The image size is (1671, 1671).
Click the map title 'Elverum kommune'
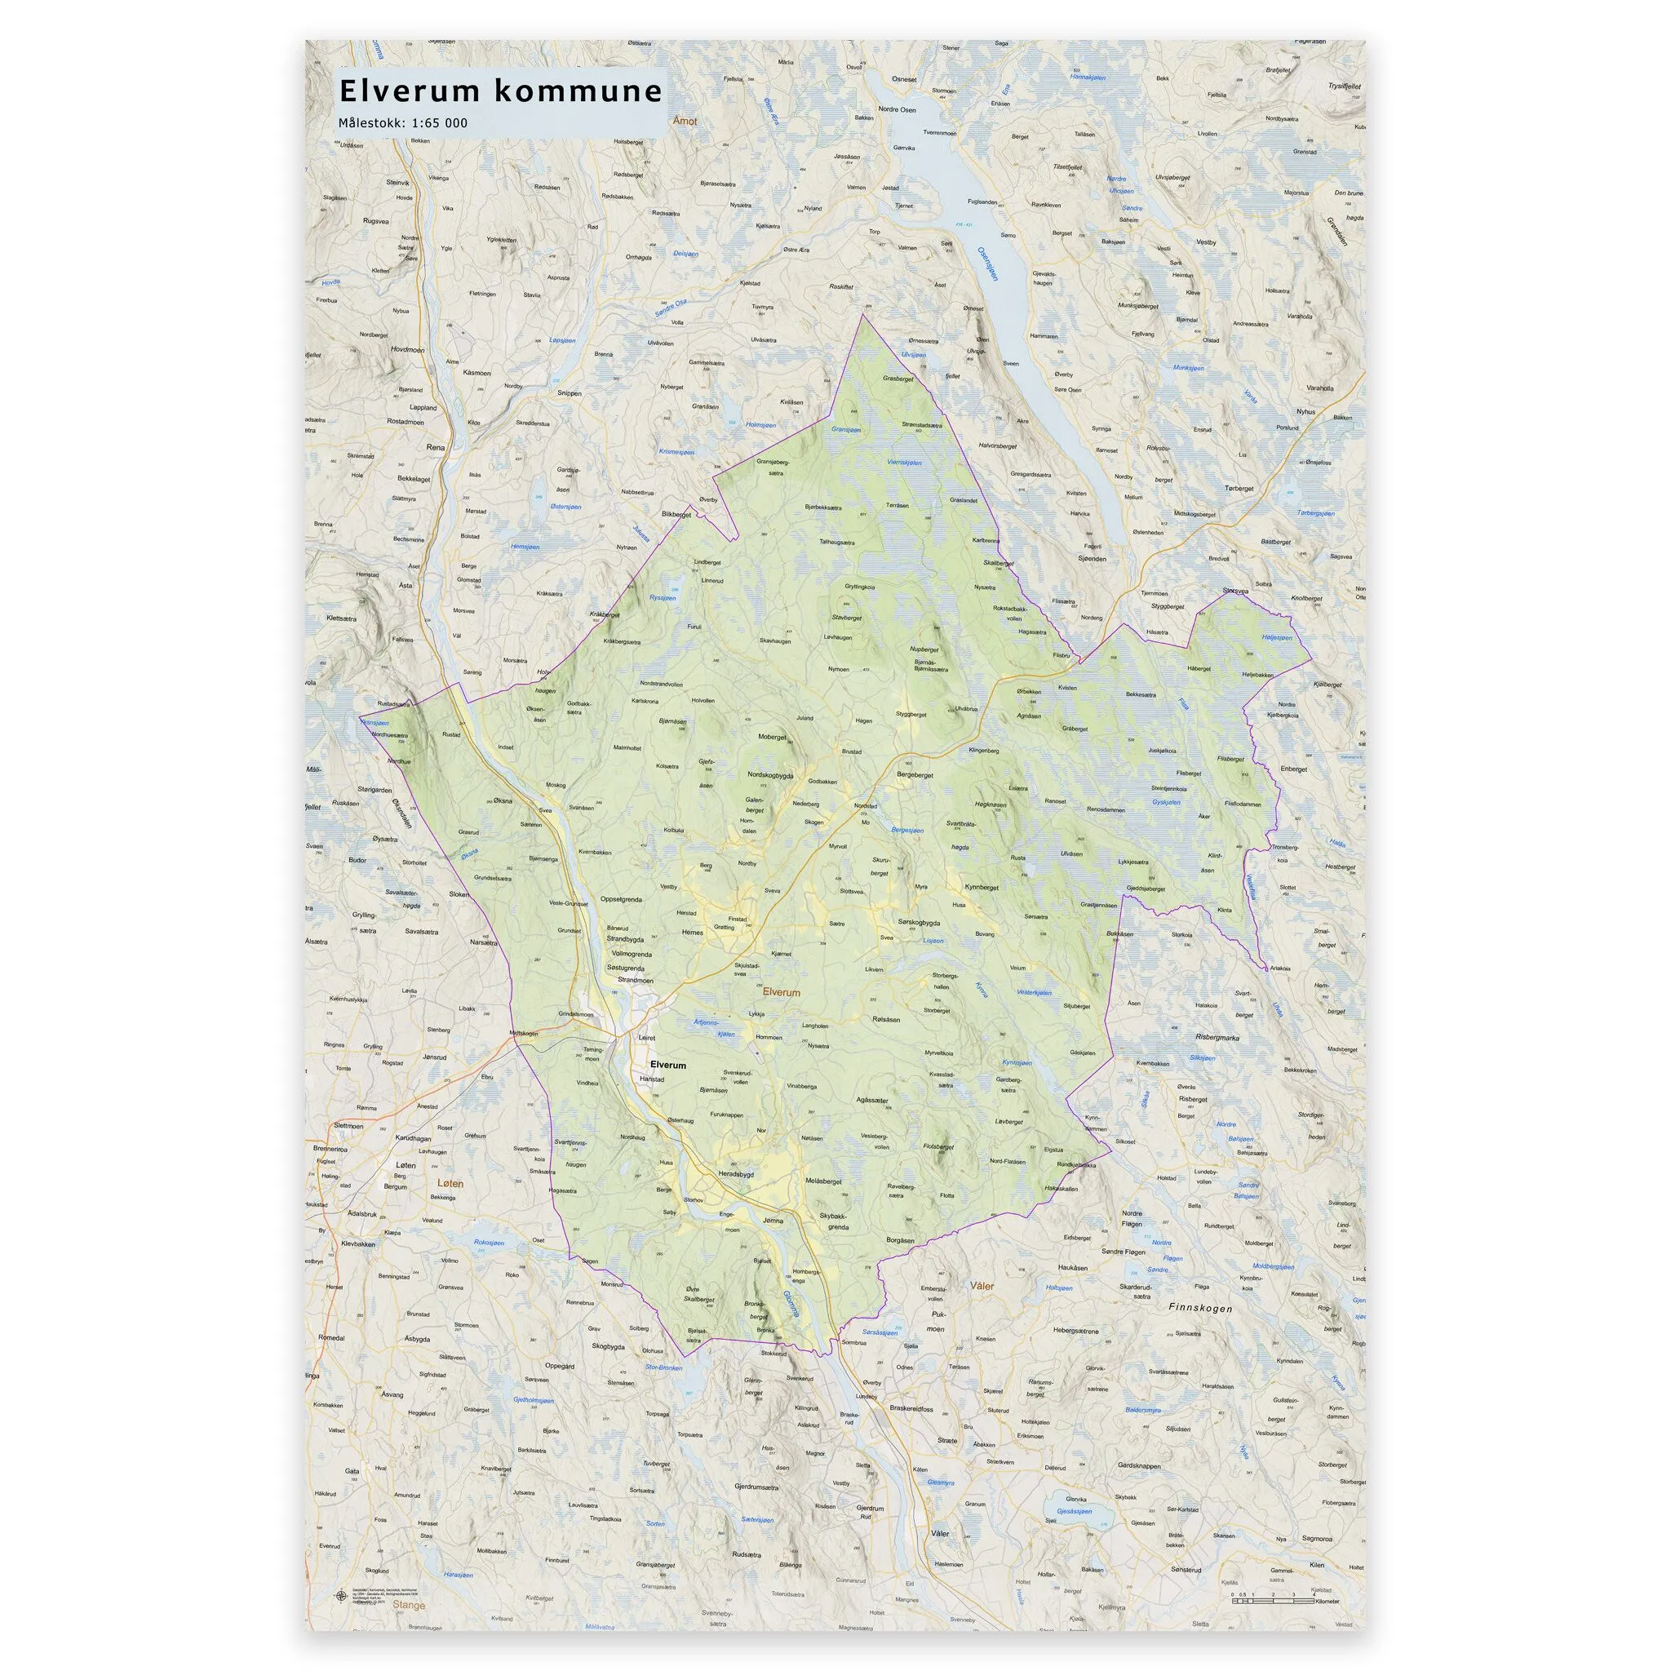(x=501, y=91)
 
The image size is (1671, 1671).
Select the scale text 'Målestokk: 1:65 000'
(x=403, y=123)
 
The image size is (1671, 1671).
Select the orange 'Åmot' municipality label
(x=683, y=122)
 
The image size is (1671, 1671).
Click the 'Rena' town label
(x=435, y=447)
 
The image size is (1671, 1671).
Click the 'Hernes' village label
(x=693, y=933)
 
